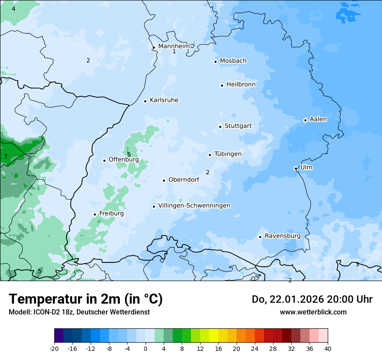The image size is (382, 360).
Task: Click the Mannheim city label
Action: pyautogui.click(x=174, y=46)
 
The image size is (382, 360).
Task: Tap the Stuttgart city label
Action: pyautogui.click(x=238, y=126)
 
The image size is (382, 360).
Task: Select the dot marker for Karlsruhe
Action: pyautogui.click(x=145, y=101)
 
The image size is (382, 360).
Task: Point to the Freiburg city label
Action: pyautogui.click(x=111, y=213)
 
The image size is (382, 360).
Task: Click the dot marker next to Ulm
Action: pyautogui.click(x=296, y=168)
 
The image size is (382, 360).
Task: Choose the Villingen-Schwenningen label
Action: pyautogui.click(x=194, y=206)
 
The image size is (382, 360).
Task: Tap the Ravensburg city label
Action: pyautogui.click(x=283, y=236)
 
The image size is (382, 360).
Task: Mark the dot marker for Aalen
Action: pyautogui.click(x=305, y=120)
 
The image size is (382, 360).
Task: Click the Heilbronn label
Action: pyautogui.click(x=241, y=84)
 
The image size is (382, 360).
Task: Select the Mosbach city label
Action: pyautogui.click(x=233, y=61)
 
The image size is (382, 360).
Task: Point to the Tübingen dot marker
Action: pyautogui.click(x=210, y=155)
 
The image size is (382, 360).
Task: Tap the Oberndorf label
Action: pyautogui.click(x=184, y=180)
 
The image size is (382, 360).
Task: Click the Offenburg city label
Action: pyautogui.click(x=124, y=160)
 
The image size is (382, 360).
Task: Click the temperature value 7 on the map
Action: pyautogui.click(x=6, y=157)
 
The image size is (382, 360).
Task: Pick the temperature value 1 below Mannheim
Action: pyautogui.click(x=174, y=52)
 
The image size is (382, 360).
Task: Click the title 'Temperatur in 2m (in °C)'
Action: pyautogui.click(x=86, y=299)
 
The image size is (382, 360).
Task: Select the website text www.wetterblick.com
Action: pyautogui.click(x=313, y=312)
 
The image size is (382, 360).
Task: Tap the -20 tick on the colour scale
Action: pyautogui.click(x=54, y=348)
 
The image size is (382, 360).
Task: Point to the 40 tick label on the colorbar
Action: pyautogui.click(x=327, y=348)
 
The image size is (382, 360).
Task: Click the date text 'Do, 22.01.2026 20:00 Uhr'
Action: pyautogui.click(x=312, y=299)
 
